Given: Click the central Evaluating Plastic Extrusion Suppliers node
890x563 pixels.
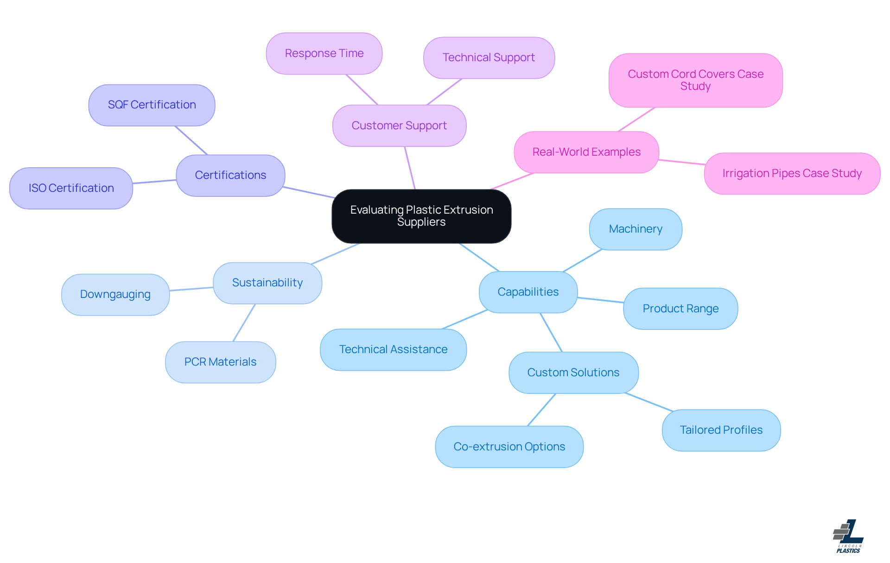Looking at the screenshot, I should [x=421, y=216].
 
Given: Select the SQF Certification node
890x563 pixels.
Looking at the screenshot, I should [x=152, y=105].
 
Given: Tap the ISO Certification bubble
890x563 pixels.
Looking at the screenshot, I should [x=71, y=188].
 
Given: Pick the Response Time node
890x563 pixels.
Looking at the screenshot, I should [x=324, y=53].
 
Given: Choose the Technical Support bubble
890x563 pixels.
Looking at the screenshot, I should [x=489, y=58].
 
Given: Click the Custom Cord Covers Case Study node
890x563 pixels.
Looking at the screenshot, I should [x=695, y=80].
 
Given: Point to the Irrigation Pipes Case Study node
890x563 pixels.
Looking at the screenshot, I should [x=792, y=173].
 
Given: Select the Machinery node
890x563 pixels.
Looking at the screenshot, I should [x=635, y=229].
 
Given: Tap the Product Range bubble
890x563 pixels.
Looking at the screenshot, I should [x=680, y=309].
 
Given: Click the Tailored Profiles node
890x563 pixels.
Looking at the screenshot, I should [x=721, y=430].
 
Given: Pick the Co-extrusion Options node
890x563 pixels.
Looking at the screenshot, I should [x=509, y=447].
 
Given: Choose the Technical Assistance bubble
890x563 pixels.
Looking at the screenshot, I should [x=393, y=349].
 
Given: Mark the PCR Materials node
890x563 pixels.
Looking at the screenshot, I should [x=220, y=362].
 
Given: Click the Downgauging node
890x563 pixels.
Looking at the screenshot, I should [x=115, y=295].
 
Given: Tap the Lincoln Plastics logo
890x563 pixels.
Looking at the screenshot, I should [x=848, y=536].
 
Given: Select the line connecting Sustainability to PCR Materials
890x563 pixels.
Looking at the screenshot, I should [x=244, y=323].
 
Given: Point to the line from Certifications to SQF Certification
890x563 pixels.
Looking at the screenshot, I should [x=191, y=140].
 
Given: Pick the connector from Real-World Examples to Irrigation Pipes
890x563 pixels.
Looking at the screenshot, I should [x=681, y=162].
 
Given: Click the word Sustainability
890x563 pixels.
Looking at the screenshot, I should [x=267, y=283].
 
